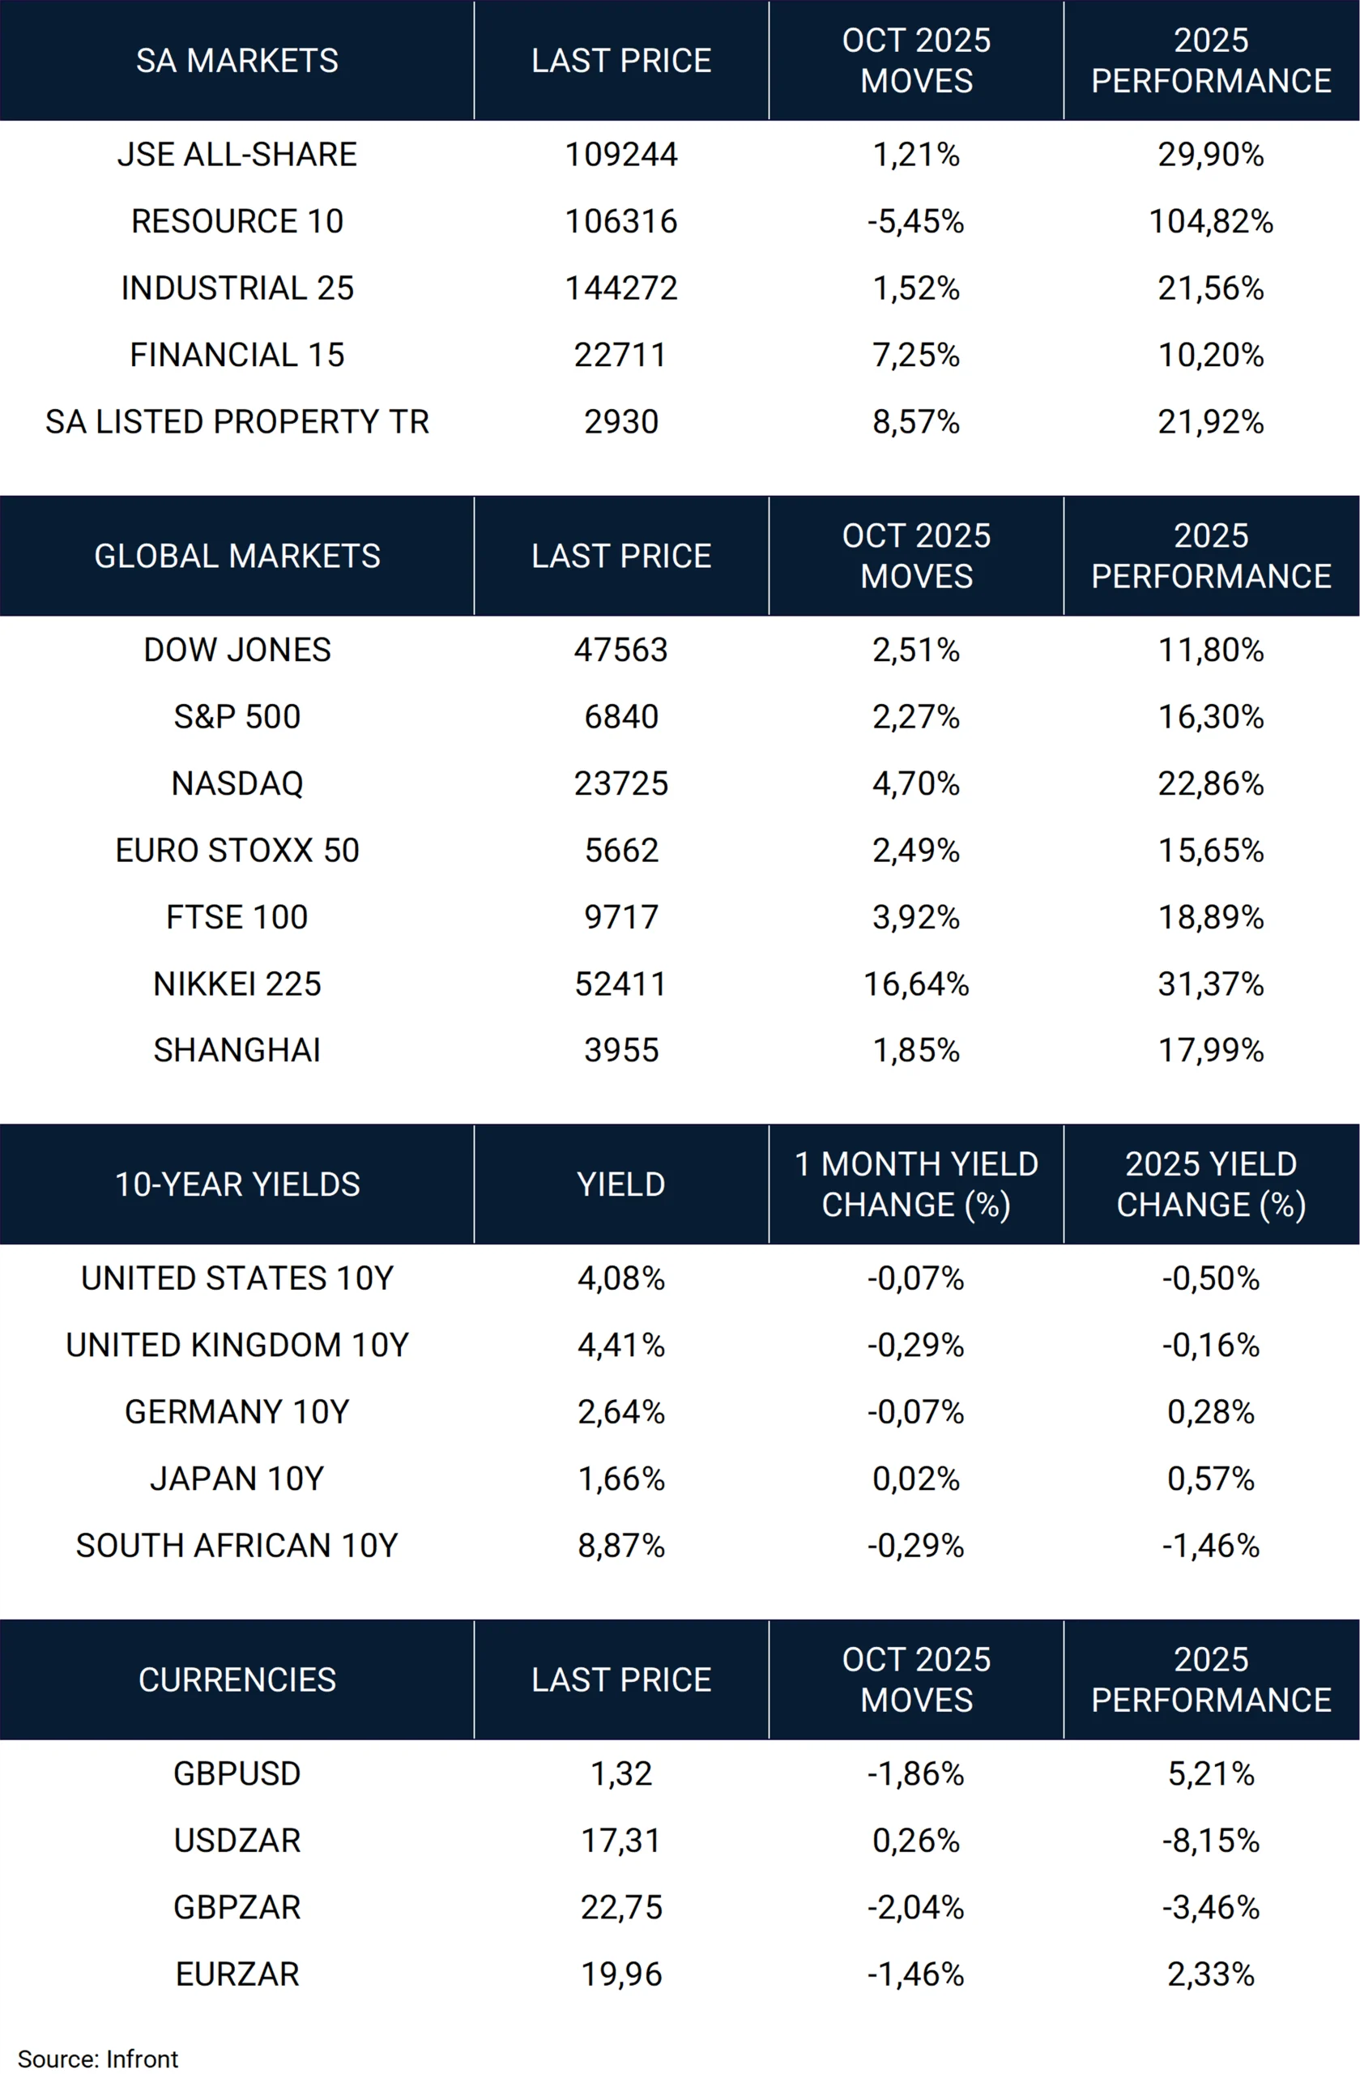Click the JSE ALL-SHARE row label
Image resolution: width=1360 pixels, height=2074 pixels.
pos(237,154)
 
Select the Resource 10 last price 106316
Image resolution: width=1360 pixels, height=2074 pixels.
pos(621,221)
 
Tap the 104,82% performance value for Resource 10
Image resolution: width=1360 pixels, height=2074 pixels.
pos(1211,221)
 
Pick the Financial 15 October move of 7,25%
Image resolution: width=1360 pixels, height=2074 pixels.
pos(917,355)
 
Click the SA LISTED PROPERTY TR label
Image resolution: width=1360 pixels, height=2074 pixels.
pos(237,422)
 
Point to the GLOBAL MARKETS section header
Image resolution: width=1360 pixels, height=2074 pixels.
pos(237,556)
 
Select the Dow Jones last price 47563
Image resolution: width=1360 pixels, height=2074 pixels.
pos(621,650)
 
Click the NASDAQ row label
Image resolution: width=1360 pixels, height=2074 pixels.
pos(237,783)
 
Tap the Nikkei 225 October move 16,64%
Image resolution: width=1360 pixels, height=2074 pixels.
pos(917,984)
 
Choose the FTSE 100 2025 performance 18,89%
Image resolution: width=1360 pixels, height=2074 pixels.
pos(1211,917)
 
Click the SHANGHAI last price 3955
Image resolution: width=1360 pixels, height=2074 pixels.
pos(621,1050)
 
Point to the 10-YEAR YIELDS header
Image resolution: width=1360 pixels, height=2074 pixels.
pos(237,1184)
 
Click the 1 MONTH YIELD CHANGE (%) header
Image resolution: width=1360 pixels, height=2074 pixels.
pos(917,1184)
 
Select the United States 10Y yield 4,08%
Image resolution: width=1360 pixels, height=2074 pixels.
pos(621,1278)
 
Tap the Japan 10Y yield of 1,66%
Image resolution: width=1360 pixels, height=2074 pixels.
pos(621,1479)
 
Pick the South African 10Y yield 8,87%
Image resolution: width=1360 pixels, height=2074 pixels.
pos(621,1546)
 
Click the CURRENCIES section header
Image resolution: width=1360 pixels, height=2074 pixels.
pos(237,1679)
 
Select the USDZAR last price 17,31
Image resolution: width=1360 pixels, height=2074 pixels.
pos(621,1841)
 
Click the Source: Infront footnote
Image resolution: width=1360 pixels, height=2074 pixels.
pos(97,2059)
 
